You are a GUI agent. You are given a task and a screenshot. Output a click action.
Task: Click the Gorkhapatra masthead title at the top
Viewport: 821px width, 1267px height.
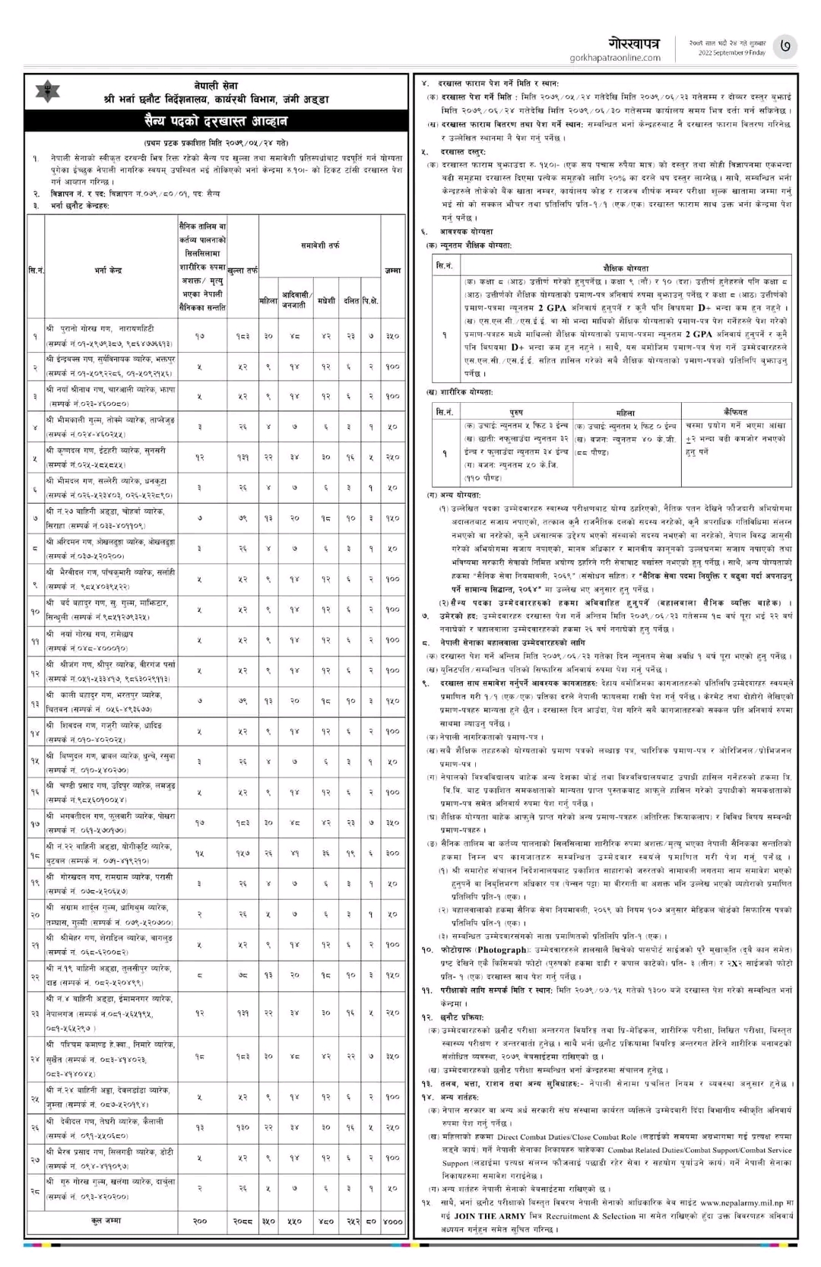pos(635,42)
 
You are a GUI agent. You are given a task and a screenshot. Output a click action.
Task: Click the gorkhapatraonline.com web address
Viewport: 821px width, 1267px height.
pos(615,58)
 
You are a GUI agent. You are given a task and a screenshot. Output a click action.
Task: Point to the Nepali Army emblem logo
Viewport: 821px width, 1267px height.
pos(49,93)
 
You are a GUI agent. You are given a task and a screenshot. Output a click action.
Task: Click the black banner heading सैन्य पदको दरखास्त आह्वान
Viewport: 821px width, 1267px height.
pos(216,122)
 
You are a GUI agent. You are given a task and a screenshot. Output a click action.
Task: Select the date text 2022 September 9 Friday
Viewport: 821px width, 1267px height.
pos(727,52)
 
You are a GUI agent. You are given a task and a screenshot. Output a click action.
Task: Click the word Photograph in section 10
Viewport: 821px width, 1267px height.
pos(502,950)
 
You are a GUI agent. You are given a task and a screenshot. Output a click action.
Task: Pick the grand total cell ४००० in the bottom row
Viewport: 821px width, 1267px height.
pos(392,1221)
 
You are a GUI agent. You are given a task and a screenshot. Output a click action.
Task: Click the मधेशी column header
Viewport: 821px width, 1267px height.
pos(326,301)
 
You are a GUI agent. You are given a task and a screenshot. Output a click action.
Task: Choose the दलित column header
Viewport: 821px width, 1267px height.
pos(351,301)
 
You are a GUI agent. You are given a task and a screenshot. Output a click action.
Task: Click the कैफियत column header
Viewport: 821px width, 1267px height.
pos(737,413)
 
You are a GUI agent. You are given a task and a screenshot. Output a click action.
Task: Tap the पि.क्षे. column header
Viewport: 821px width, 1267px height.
pos(370,301)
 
